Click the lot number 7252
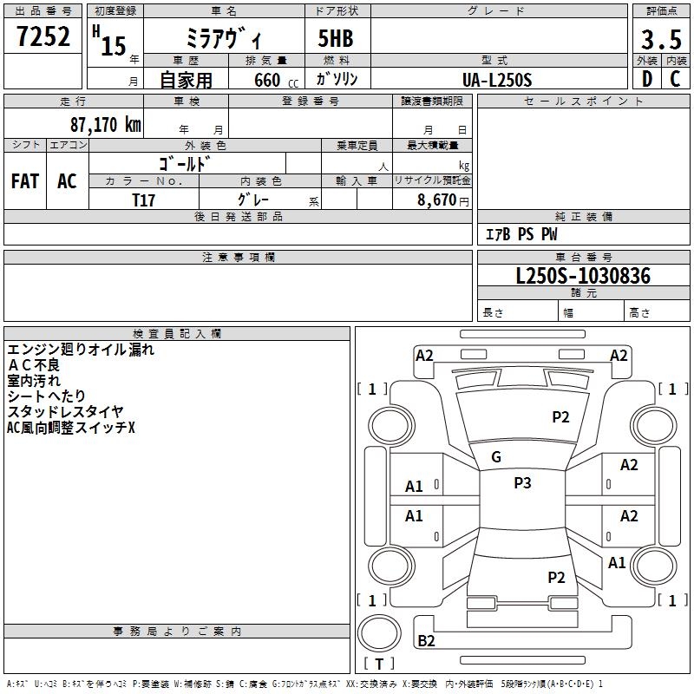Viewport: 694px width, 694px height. pyautogui.click(x=43, y=36)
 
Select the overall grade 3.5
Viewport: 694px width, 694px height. pyautogui.click(x=661, y=39)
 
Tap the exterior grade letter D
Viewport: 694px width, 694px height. pyautogui.click(x=647, y=79)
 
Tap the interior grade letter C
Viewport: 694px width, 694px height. pyautogui.click(x=675, y=79)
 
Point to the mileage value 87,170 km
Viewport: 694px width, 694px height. pyautogui.click(x=106, y=124)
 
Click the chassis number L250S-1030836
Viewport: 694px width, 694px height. pyautogui.click(x=583, y=276)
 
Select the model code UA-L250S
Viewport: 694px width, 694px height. pyautogui.click(x=497, y=80)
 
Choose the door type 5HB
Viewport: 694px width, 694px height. pyautogui.click(x=336, y=38)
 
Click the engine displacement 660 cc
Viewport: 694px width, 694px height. pyautogui.click(x=276, y=81)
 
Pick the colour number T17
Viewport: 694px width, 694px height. pyautogui.click(x=144, y=200)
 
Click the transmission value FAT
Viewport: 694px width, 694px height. pyautogui.click(x=25, y=181)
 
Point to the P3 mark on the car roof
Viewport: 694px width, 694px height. pyautogui.click(x=522, y=483)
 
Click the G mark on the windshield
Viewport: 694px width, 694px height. pyautogui.click(x=496, y=457)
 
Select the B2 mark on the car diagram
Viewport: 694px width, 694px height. pyautogui.click(x=426, y=640)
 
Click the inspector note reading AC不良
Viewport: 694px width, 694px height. pyautogui.click(x=34, y=365)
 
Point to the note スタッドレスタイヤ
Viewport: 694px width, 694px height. pyautogui.click(x=65, y=411)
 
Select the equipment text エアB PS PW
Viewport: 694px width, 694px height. pyautogui.click(x=521, y=234)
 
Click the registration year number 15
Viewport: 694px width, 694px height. pyautogui.click(x=114, y=46)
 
